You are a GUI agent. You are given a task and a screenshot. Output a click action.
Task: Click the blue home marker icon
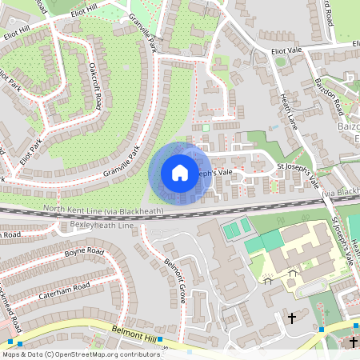click(x=180, y=172)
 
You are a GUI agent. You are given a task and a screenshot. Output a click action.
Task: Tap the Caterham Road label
click(x=64, y=291)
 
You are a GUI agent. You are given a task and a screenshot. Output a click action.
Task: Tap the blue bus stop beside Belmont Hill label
click(x=160, y=340)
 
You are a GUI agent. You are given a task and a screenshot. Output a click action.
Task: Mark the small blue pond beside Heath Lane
click(x=274, y=127)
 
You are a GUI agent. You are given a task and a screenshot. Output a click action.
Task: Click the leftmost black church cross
click(x=292, y=318)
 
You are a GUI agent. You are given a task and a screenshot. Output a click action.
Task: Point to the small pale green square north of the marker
click(x=205, y=126)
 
